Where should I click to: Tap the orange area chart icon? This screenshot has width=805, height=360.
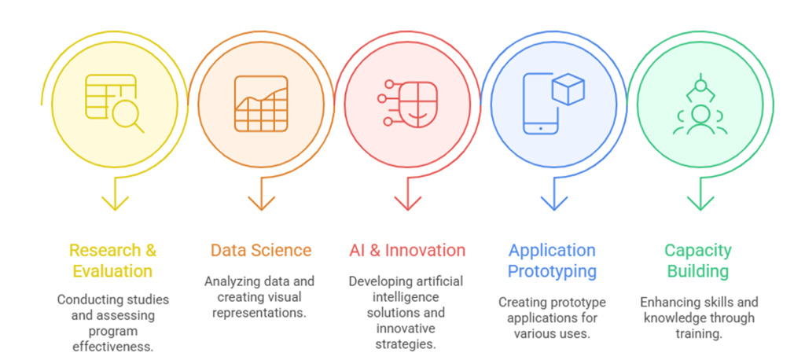click(x=261, y=104)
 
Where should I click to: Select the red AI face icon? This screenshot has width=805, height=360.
click(x=408, y=105)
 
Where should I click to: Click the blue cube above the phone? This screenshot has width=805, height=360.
click(x=568, y=89)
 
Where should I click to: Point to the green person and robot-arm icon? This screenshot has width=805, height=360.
click(x=700, y=105)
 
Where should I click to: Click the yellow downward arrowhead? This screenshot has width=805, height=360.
click(x=115, y=204)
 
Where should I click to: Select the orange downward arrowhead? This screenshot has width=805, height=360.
click(x=261, y=204)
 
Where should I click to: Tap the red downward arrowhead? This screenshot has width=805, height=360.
click(x=408, y=204)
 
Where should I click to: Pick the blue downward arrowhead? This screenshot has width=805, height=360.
click(x=554, y=204)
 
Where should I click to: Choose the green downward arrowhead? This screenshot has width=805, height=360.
click(x=700, y=204)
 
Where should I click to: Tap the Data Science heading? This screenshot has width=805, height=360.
click(x=261, y=251)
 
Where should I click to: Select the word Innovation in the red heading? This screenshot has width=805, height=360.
click(x=425, y=251)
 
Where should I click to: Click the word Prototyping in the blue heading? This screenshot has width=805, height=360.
click(x=552, y=270)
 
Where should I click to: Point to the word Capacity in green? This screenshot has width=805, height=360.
click(x=698, y=251)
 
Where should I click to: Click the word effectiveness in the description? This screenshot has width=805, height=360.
click(x=113, y=347)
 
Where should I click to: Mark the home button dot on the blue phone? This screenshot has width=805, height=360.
click(x=541, y=128)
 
